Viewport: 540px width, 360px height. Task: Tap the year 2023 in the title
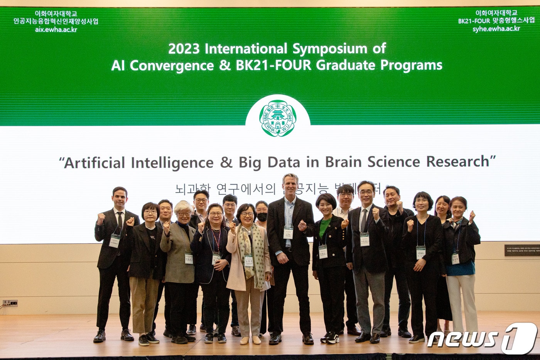click(184, 49)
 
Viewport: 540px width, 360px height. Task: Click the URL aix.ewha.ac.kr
click(56, 30)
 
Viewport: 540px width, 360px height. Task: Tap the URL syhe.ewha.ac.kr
click(496, 29)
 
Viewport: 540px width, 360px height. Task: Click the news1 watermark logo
click(482, 338)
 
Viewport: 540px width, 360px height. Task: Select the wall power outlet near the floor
click(10, 303)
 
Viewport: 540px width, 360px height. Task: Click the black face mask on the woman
click(262, 217)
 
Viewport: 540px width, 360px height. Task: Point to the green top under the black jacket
click(324, 228)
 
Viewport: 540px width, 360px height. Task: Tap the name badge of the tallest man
click(288, 232)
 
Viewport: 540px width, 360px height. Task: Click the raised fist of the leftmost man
click(101, 218)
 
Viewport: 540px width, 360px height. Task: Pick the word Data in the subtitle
click(283, 162)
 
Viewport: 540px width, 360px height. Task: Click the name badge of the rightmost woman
click(455, 258)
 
